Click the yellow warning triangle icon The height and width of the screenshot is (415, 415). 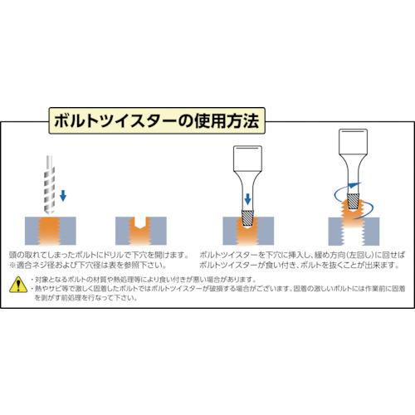(x=17, y=286)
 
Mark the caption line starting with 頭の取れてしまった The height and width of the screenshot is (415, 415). (x=99, y=253)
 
